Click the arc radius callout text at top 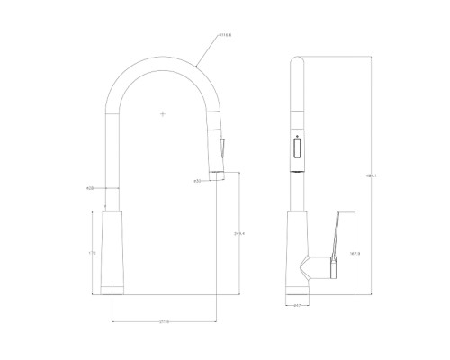pos(226,36)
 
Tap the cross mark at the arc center pos(162,114)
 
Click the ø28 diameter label pos(91,187)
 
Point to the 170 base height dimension pos(92,254)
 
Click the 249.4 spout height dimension pos(239,234)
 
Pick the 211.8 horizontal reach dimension pos(165,321)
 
